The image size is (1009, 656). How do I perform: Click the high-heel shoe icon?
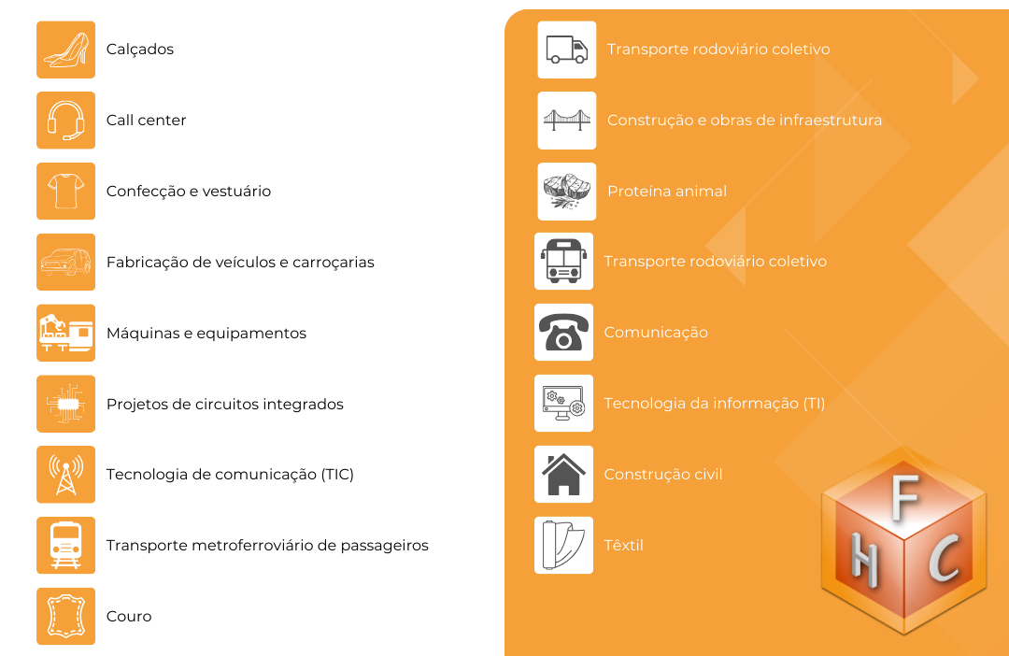(65, 50)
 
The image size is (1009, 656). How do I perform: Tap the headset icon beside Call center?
(65, 121)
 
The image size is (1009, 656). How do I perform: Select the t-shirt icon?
(65, 192)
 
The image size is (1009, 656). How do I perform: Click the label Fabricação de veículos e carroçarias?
(240, 263)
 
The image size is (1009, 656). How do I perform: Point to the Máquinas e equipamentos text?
(206, 334)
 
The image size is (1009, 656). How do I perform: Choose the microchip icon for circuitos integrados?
(65, 404)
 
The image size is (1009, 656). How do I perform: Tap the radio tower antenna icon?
(65, 475)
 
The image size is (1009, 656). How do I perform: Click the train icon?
(65, 546)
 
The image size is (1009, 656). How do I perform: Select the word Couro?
(129, 616)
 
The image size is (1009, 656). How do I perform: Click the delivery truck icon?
(567, 50)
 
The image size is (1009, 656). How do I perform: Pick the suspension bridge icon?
(567, 121)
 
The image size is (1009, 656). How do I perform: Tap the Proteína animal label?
(667, 192)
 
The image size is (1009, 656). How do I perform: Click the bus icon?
(563, 262)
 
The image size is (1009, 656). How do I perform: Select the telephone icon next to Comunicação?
(563, 332)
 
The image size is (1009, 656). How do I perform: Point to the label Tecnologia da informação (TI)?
(715, 404)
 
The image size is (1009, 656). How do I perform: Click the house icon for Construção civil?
(563, 475)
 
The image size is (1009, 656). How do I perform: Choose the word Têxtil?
(623, 546)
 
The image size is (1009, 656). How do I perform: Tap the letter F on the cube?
(905, 497)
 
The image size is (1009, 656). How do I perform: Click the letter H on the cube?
(864, 560)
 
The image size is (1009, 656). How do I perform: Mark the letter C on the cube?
(944, 559)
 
